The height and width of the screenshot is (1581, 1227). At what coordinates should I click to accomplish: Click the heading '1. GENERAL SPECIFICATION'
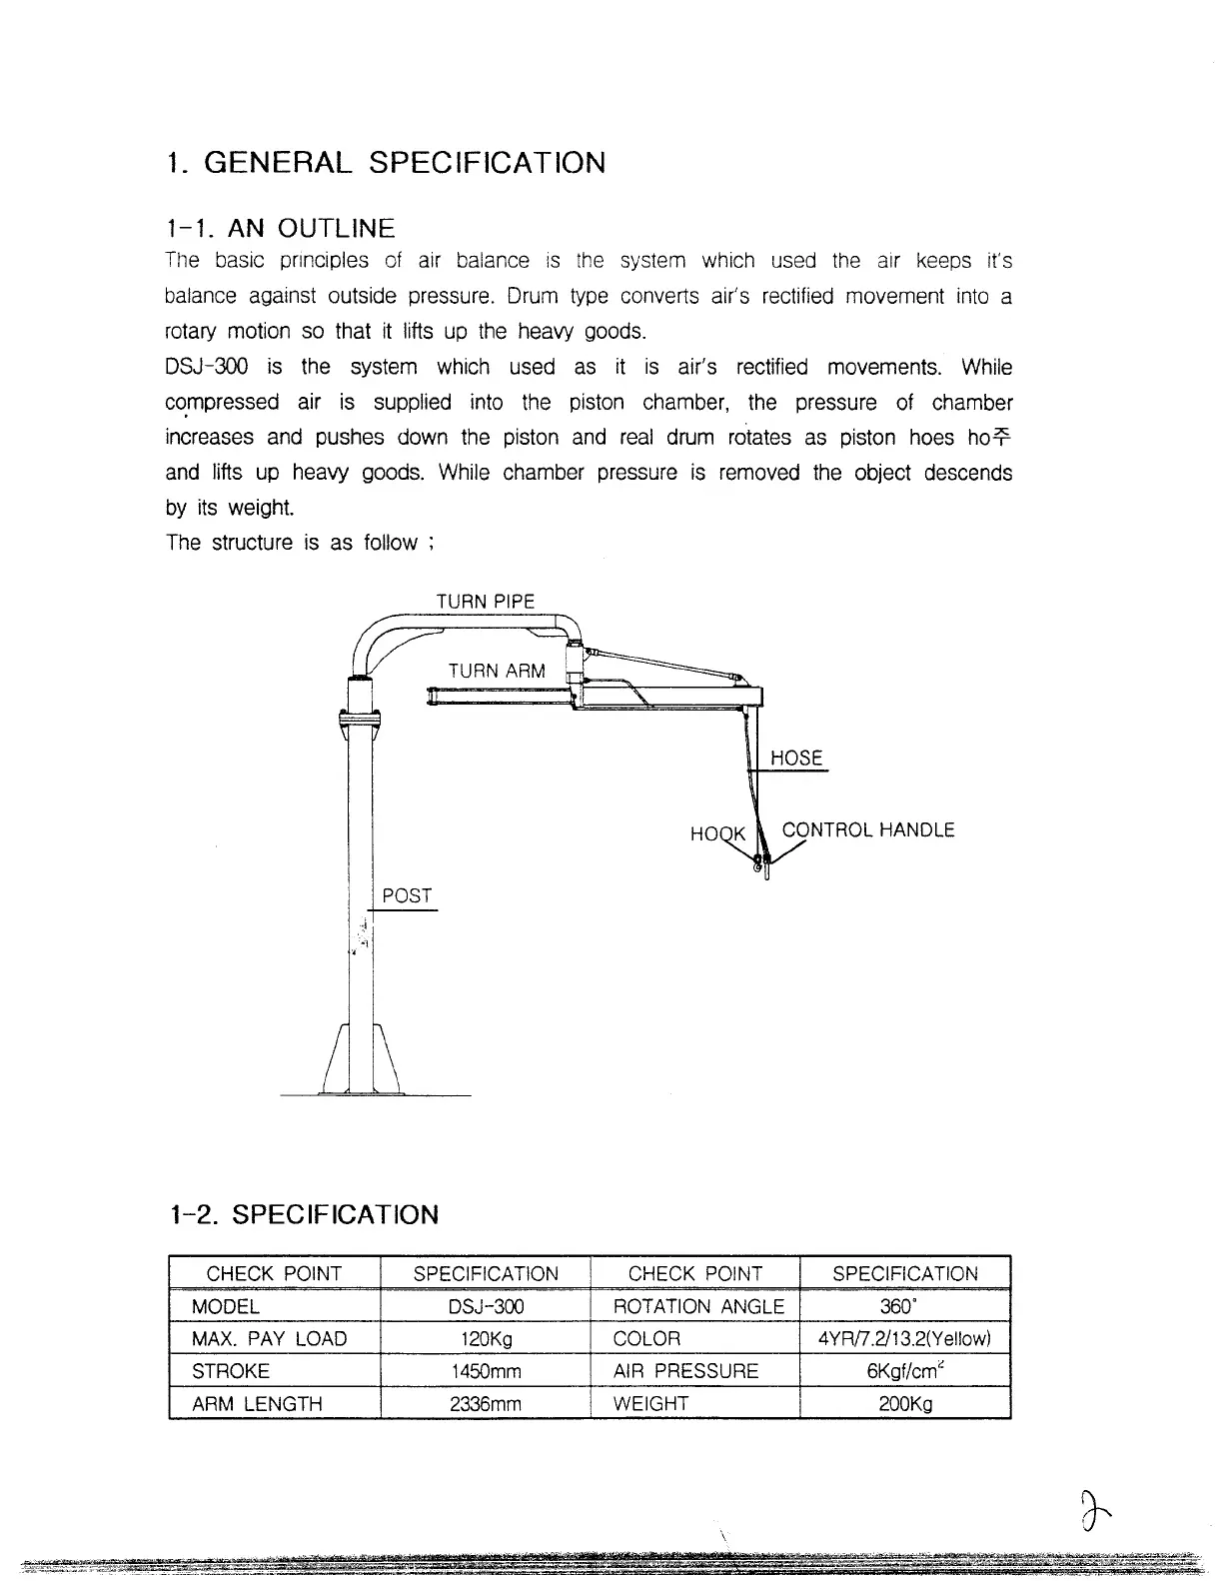point(386,163)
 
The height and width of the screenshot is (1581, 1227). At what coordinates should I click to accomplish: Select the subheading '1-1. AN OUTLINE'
point(281,229)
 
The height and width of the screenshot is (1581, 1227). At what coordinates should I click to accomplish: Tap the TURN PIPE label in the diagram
point(486,602)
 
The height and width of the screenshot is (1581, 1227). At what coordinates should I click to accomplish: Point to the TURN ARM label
point(497,671)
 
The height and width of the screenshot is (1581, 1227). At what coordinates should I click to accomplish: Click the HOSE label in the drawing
point(796,759)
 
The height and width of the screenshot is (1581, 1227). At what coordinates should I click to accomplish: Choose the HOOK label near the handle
point(717,833)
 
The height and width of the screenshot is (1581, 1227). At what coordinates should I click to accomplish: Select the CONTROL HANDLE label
point(868,830)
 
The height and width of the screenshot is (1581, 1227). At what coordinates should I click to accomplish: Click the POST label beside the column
point(407,896)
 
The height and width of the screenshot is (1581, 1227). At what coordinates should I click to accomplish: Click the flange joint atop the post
point(361,718)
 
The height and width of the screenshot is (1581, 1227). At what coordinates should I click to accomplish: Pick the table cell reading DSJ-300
point(486,1306)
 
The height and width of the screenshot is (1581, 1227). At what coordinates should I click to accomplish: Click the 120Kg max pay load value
point(486,1339)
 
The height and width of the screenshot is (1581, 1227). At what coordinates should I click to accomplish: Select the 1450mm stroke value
point(486,1371)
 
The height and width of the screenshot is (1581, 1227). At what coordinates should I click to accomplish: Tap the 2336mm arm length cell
point(486,1403)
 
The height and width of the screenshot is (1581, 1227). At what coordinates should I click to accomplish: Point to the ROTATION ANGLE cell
point(697,1306)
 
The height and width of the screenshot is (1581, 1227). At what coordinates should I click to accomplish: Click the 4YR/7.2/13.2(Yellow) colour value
point(904,1339)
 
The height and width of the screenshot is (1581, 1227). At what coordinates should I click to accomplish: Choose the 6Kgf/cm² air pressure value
point(904,1371)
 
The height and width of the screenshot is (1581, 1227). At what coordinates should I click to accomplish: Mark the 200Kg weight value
point(904,1403)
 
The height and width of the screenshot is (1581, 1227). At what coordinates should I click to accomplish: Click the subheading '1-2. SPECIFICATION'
point(305,1215)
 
